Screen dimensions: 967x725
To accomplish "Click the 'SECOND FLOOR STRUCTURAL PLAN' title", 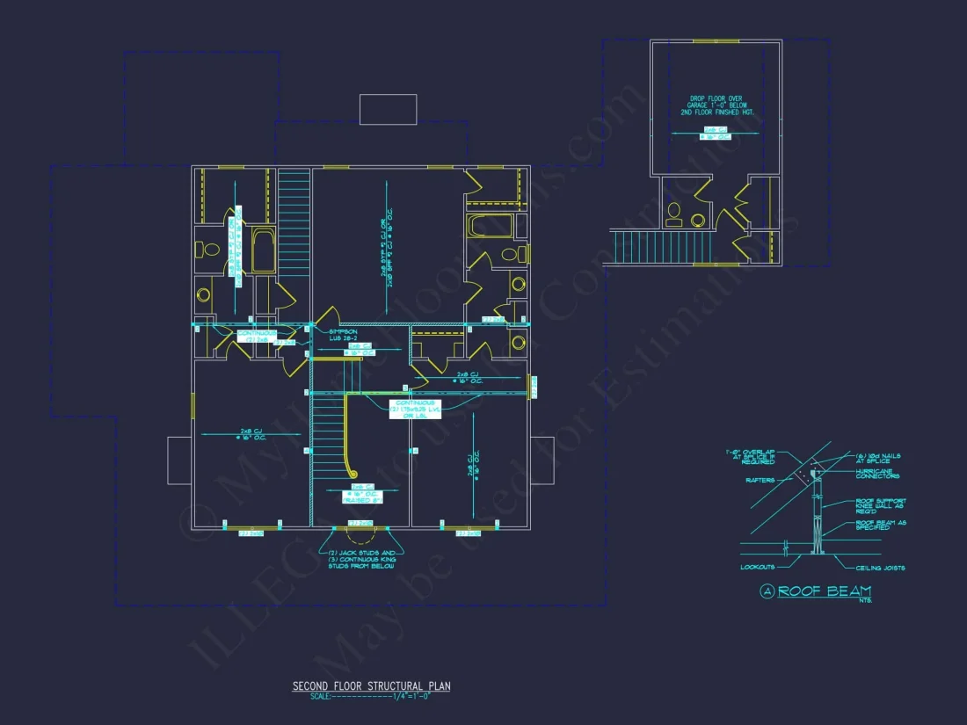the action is pyautogui.click(x=371, y=685).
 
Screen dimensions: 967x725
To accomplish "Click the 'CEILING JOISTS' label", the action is pyautogui.click(x=880, y=569).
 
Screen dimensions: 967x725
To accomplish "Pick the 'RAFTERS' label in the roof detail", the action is pyautogui.click(x=760, y=480).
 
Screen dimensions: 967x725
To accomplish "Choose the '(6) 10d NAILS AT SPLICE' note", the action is pyautogui.click(x=876, y=458).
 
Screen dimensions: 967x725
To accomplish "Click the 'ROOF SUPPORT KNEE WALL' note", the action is pyautogui.click(x=880, y=505).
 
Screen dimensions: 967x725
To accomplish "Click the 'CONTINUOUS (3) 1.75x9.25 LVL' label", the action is pyautogui.click(x=415, y=410).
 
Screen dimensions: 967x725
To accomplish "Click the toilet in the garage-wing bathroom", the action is pyautogui.click(x=674, y=212).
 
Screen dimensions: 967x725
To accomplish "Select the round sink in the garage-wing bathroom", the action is pyautogui.click(x=699, y=220).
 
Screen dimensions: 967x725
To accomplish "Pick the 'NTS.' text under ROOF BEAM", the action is pyautogui.click(x=865, y=602).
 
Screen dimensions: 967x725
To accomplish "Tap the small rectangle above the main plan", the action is pyautogui.click(x=388, y=109).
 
